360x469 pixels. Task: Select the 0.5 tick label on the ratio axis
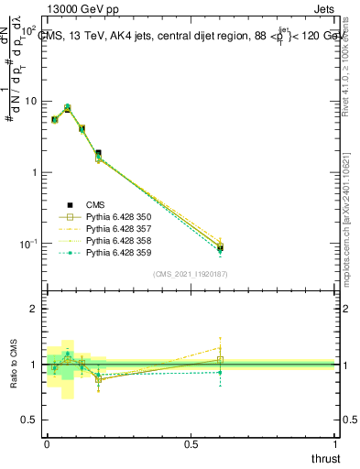pos(29,420)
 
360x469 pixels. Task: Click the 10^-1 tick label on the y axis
pos(27,244)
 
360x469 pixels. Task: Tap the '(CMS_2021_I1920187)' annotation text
pos(191,273)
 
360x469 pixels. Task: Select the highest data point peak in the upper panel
pos(68,107)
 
